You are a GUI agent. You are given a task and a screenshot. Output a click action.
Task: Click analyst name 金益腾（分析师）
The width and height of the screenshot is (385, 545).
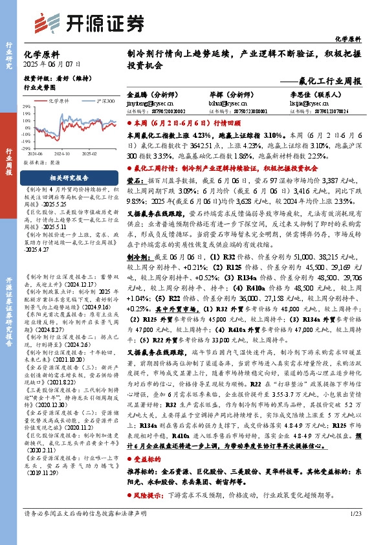(x=153, y=94)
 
